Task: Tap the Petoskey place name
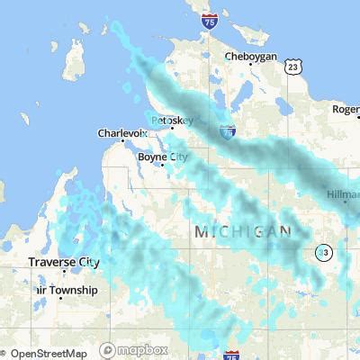[x=172, y=119]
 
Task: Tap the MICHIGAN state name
[x=243, y=231]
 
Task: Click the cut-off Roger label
[x=346, y=110]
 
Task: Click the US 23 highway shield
[x=291, y=67]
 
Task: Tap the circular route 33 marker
[x=322, y=253]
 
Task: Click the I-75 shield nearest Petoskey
[x=227, y=131]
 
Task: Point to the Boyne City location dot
[x=162, y=164]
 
